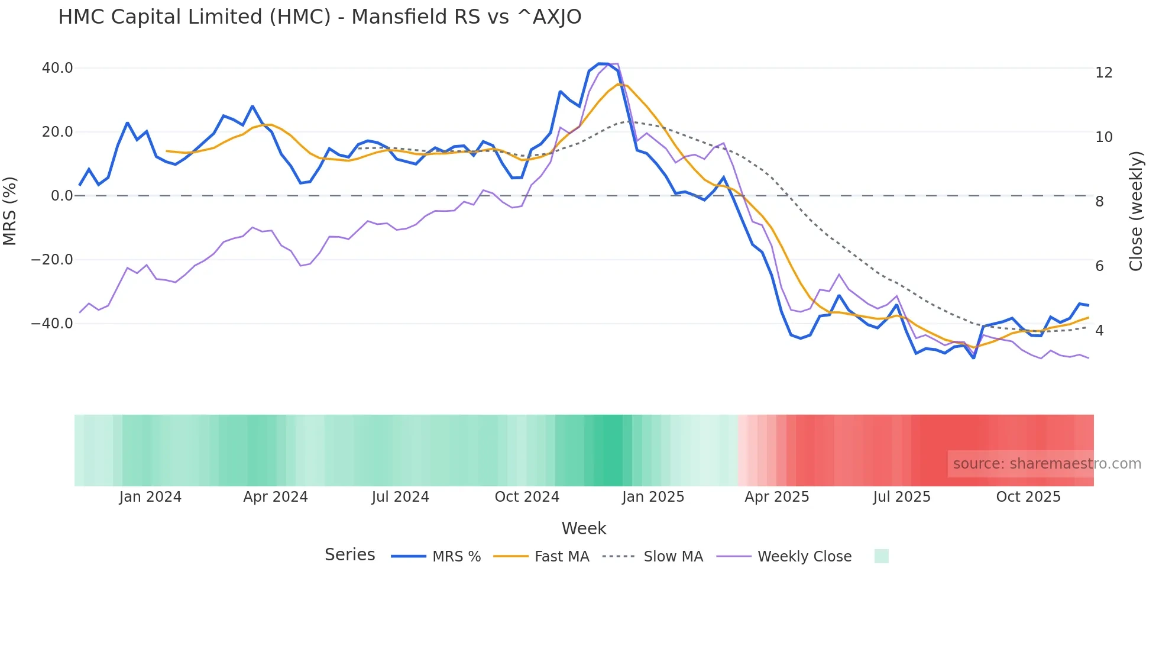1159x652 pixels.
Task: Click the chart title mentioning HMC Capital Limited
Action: (x=319, y=17)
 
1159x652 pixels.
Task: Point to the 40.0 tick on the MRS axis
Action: (x=57, y=68)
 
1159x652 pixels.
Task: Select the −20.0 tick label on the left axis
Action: (x=52, y=260)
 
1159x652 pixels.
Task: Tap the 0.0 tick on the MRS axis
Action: (x=62, y=196)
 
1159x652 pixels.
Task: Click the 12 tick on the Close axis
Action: (x=1104, y=73)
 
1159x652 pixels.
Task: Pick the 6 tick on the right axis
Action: (x=1099, y=266)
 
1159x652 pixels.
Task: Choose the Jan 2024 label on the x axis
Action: (x=150, y=497)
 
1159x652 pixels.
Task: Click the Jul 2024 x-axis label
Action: (x=400, y=497)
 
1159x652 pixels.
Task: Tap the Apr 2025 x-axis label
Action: (x=776, y=497)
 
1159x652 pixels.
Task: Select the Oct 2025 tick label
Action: (x=1028, y=497)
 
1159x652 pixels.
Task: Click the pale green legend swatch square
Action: (x=881, y=556)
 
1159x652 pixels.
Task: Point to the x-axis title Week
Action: (x=584, y=528)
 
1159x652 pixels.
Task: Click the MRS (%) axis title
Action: (x=10, y=211)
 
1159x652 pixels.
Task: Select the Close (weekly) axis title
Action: (x=1136, y=211)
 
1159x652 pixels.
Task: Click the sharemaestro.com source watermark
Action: (x=1047, y=464)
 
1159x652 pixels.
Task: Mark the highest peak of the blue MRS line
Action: (x=603, y=64)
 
